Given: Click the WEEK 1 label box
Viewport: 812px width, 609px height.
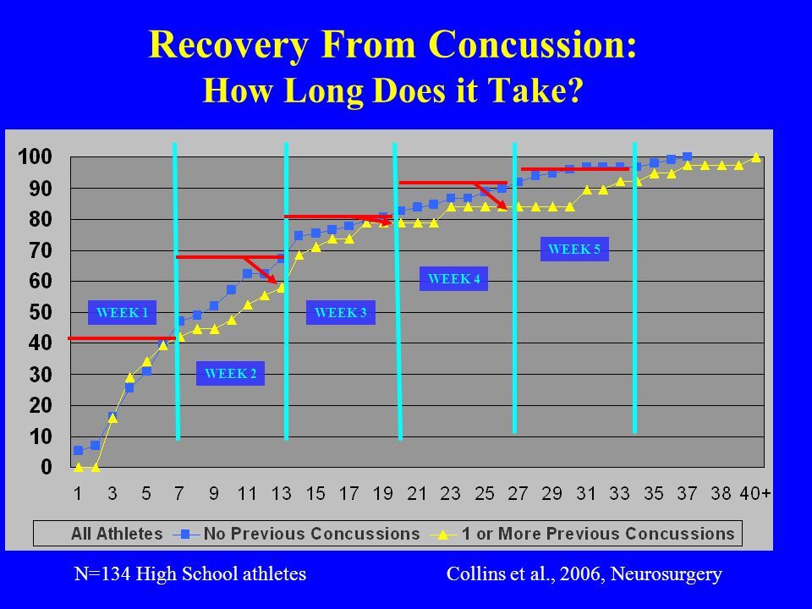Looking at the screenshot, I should click(123, 313).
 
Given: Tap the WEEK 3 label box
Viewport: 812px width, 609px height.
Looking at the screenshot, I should click(339, 313).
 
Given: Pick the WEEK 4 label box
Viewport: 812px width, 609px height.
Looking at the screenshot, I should click(454, 278).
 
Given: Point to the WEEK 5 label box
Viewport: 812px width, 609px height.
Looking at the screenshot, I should click(574, 249).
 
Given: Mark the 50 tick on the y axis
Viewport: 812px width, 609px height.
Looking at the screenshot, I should click(41, 312).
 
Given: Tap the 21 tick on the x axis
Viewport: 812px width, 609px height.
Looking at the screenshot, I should click(417, 492).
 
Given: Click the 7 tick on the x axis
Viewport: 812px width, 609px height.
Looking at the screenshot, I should click(179, 492).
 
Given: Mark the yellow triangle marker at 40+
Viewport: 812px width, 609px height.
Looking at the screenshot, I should click(755, 157).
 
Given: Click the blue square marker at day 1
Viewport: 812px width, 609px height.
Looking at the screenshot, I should click(78, 450).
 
